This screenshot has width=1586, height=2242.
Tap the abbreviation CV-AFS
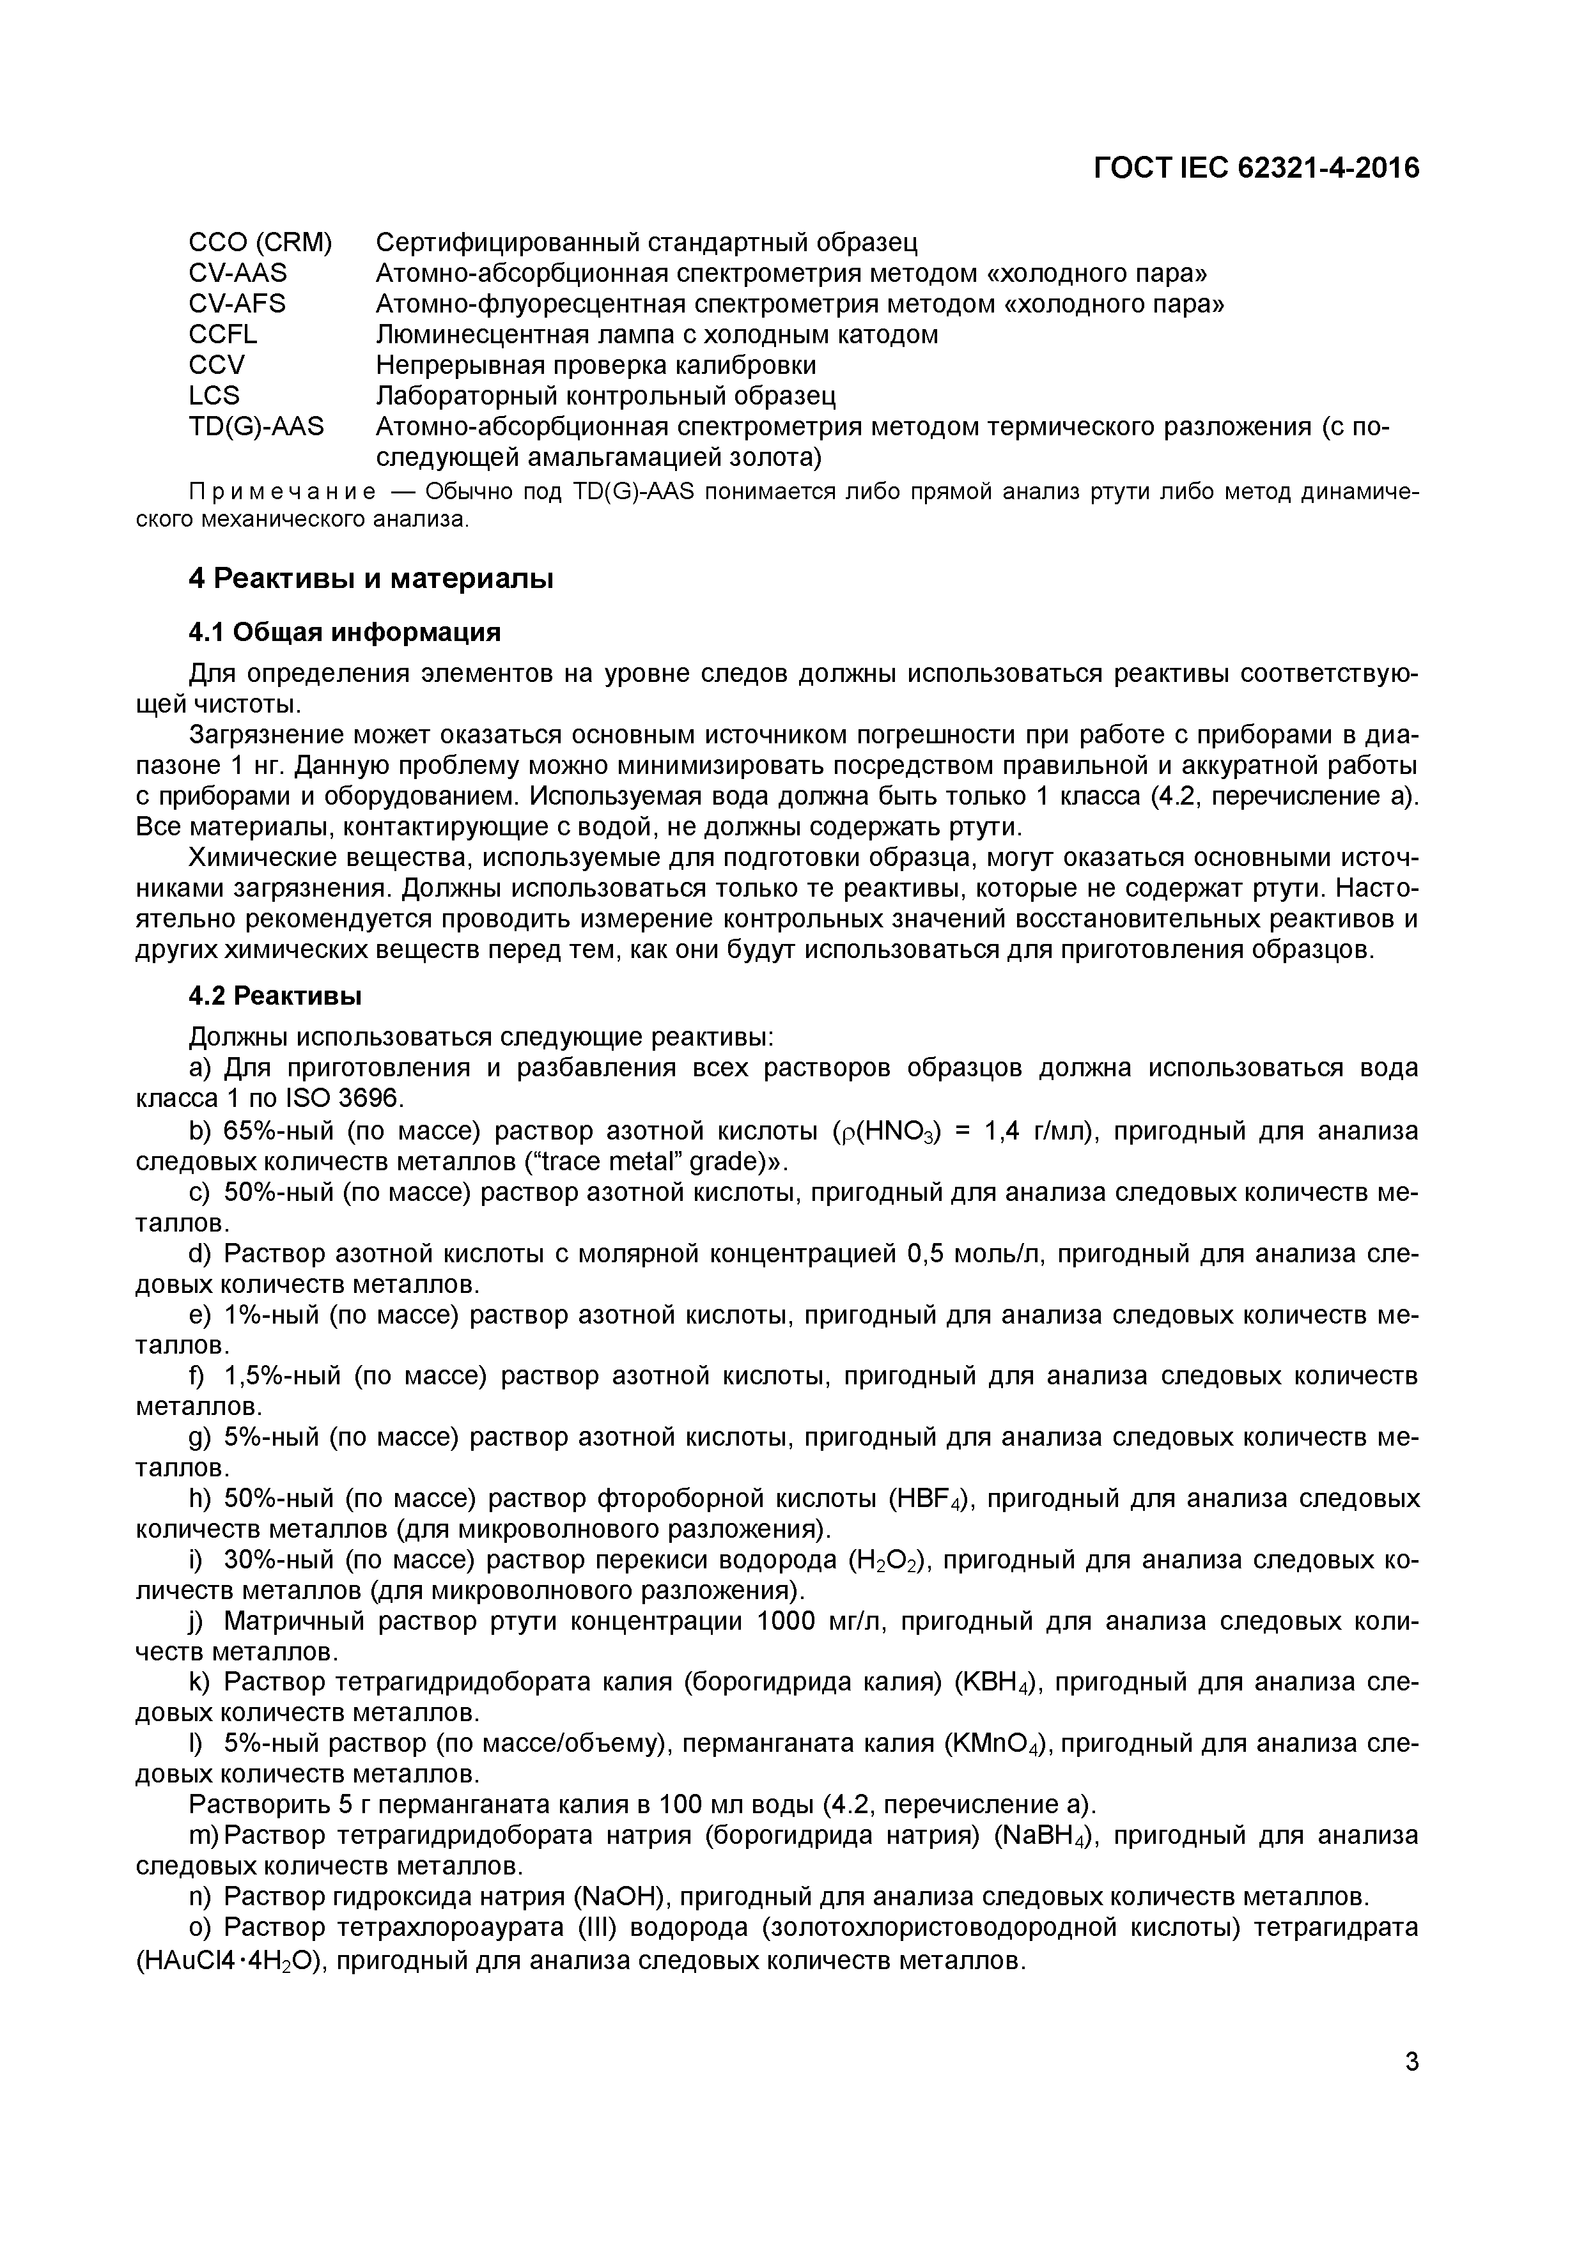237,304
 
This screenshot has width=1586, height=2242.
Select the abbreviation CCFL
224,335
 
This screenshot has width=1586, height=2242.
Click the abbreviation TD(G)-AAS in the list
256,427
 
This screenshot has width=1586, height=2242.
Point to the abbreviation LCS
214,396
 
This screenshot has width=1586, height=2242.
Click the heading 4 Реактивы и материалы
371,579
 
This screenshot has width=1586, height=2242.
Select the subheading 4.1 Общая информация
345,633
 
